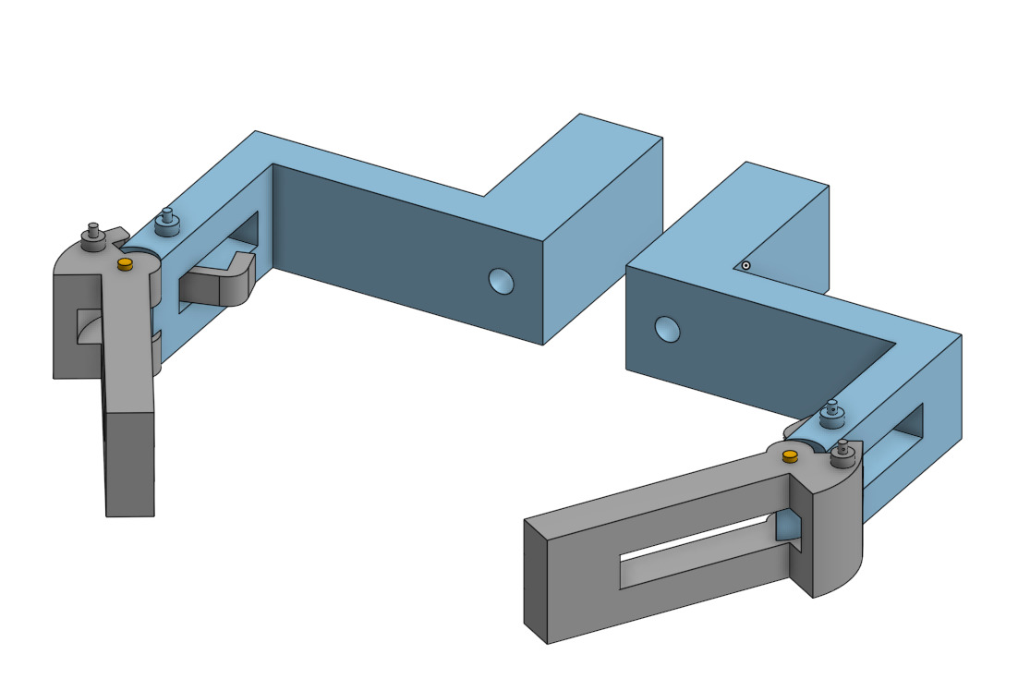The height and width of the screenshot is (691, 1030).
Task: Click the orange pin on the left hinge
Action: click(126, 265)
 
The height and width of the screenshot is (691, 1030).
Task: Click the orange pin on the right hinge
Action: click(790, 456)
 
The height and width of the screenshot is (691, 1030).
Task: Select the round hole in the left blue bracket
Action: click(501, 281)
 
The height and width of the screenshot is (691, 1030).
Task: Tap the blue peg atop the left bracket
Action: click(167, 222)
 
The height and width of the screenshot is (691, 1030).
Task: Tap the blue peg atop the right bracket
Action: click(833, 413)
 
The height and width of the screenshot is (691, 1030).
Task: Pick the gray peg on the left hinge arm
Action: click(93, 237)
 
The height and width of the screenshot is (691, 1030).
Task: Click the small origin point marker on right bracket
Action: click(745, 266)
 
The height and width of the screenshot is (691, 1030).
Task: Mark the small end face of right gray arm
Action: click(536, 580)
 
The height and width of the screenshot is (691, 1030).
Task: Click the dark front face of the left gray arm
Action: click(128, 462)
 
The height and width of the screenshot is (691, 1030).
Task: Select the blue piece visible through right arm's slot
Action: click(787, 526)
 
